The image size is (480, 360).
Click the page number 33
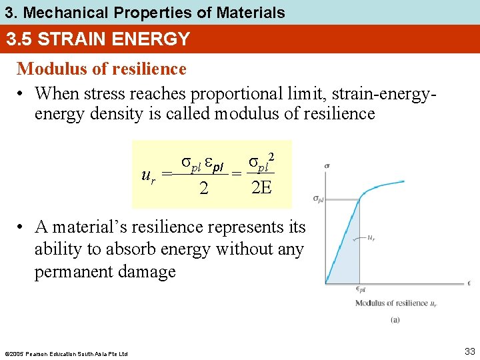pyautogui.click(x=470, y=351)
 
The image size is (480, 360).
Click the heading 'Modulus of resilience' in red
pyautogui.click(x=101, y=69)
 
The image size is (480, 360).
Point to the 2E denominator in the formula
pyautogui.click(x=261, y=187)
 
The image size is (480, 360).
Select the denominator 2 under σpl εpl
pyautogui.click(x=203, y=189)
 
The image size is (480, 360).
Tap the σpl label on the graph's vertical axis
pyautogui.click(x=318, y=199)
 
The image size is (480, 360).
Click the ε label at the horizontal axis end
pyautogui.click(x=469, y=283)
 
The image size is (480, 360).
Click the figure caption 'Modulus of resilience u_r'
pyautogui.click(x=395, y=303)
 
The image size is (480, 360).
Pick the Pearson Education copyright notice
pyautogui.click(x=65, y=353)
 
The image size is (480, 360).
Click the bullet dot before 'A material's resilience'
pyautogui.click(x=22, y=227)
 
